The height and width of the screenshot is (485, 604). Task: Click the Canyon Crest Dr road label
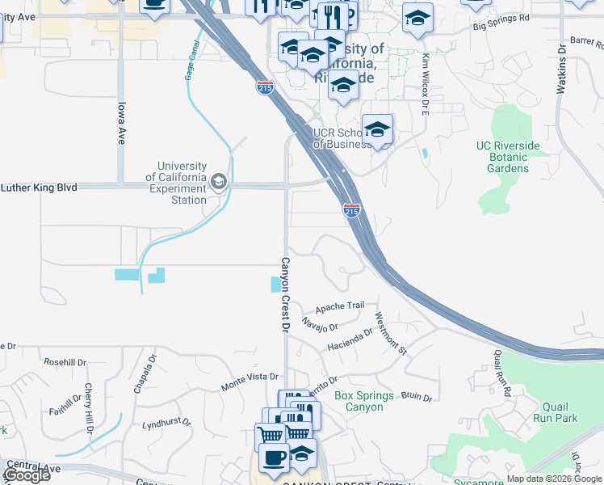tap(284, 295)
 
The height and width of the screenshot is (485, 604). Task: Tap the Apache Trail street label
tap(340, 307)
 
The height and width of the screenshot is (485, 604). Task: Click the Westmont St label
tap(392, 333)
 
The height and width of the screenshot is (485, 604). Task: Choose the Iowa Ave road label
tap(122, 122)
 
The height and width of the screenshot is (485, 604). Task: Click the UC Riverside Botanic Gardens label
tap(508, 157)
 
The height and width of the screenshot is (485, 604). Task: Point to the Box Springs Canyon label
tap(364, 401)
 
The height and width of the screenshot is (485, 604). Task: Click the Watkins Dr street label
tap(562, 70)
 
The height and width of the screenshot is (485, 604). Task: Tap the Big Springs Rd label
tap(501, 16)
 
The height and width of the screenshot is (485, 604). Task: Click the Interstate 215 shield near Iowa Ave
tap(264, 86)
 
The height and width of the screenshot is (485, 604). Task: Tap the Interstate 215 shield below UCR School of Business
tap(351, 210)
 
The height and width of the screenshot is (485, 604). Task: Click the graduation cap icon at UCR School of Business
tap(377, 129)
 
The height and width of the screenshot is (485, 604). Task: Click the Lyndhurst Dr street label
tap(166, 423)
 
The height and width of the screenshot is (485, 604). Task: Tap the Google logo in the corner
tap(27, 475)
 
